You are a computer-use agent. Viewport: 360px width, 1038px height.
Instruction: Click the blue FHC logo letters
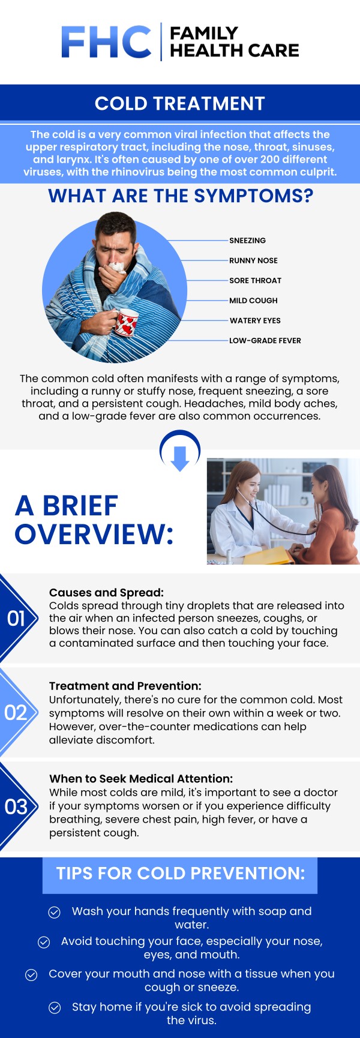click(x=106, y=42)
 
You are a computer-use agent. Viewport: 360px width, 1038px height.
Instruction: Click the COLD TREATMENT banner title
click(x=180, y=104)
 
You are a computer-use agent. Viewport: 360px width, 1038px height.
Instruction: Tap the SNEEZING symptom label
click(x=247, y=241)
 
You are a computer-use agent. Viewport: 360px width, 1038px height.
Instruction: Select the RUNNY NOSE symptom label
click(x=253, y=260)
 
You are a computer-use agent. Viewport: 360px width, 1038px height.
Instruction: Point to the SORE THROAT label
click(x=255, y=280)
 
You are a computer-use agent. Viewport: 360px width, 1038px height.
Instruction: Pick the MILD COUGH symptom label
click(x=253, y=301)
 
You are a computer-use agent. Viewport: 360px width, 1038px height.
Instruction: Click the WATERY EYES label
click(x=255, y=320)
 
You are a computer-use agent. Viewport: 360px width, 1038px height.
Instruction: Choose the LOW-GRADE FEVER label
click(x=265, y=340)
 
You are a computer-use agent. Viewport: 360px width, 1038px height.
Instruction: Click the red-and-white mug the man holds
click(x=126, y=323)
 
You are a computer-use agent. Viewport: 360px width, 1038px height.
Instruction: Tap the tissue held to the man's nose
click(x=117, y=266)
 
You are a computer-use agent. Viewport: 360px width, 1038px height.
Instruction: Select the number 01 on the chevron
click(x=16, y=618)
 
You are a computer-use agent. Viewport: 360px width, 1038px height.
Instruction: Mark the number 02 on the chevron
click(x=16, y=713)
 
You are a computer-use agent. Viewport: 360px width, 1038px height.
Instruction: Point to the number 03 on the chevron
click(x=16, y=807)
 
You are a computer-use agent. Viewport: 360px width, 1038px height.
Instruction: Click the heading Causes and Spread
click(x=106, y=593)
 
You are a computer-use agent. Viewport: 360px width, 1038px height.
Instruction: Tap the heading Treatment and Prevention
click(x=125, y=686)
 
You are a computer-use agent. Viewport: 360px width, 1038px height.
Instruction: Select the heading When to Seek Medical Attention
click(x=141, y=779)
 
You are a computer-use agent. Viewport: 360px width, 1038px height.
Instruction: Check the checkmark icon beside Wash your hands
click(x=54, y=912)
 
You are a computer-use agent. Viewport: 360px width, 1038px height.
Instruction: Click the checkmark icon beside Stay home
click(x=55, y=1007)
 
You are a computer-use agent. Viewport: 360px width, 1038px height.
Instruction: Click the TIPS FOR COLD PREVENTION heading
click(x=181, y=874)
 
